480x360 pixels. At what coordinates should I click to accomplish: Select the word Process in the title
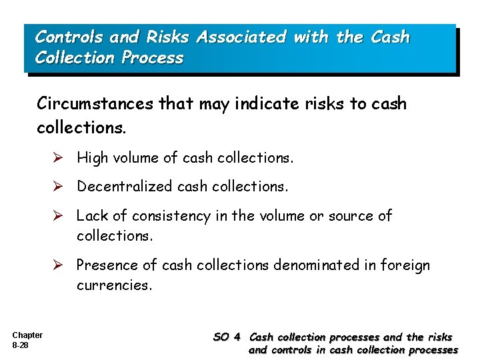click(153, 58)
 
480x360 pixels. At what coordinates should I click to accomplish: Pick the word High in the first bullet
click(91, 157)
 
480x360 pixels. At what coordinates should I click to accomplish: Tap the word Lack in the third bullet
click(91, 216)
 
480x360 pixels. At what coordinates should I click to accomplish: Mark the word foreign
click(405, 266)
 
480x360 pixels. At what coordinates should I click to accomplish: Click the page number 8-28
click(19, 346)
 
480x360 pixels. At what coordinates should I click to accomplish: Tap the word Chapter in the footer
click(27, 335)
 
